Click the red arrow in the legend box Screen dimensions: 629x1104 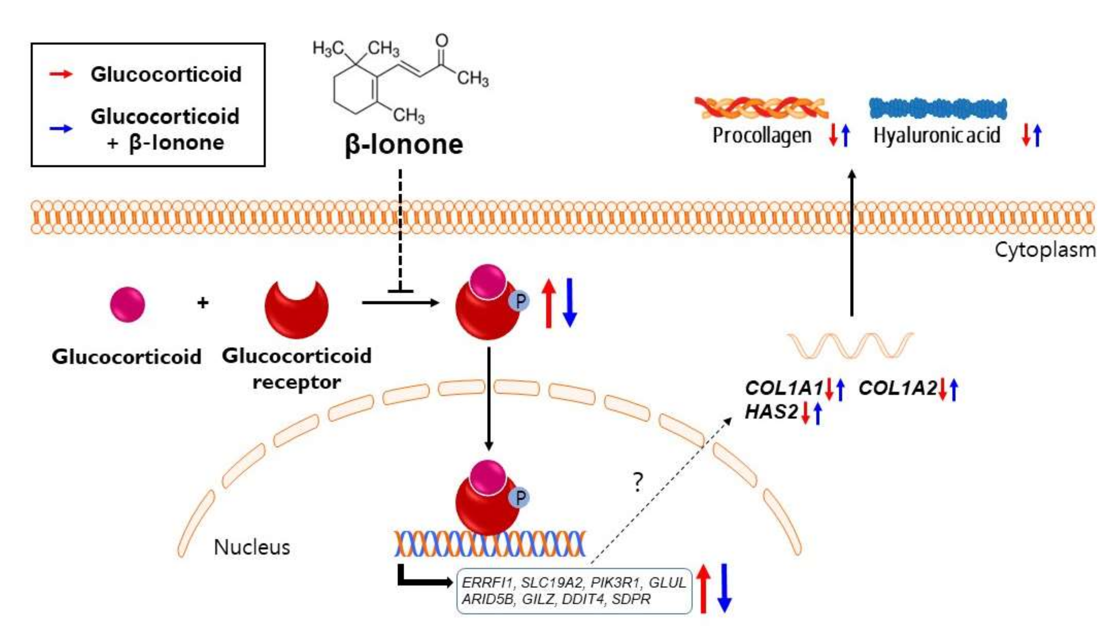tap(61, 74)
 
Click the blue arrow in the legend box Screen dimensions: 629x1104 tap(61, 128)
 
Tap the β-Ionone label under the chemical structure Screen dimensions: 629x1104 tap(403, 145)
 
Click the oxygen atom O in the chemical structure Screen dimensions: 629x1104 tap(442, 41)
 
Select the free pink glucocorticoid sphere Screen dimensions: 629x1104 tap(128, 304)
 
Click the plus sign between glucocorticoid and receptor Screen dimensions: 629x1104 tap(203, 303)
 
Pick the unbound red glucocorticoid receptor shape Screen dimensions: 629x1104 tap(297, 309)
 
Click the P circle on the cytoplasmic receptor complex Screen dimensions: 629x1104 tap(520, 301)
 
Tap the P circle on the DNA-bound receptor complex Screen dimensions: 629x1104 tap(520, 498)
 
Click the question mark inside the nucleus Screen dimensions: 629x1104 tap(638, 483)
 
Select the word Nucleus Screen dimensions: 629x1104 tap(252, 547)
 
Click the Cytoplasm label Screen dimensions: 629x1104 tap(1045, 250)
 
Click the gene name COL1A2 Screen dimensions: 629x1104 tap(897, 388)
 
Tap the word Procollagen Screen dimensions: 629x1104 tap(762, 135)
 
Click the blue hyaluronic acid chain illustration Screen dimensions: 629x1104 tap(938, 109)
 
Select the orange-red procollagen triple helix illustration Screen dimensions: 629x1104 tap(761, 108)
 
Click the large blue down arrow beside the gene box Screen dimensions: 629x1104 tap(724, 588)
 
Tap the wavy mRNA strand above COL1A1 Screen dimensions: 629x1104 tap(850, 346)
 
